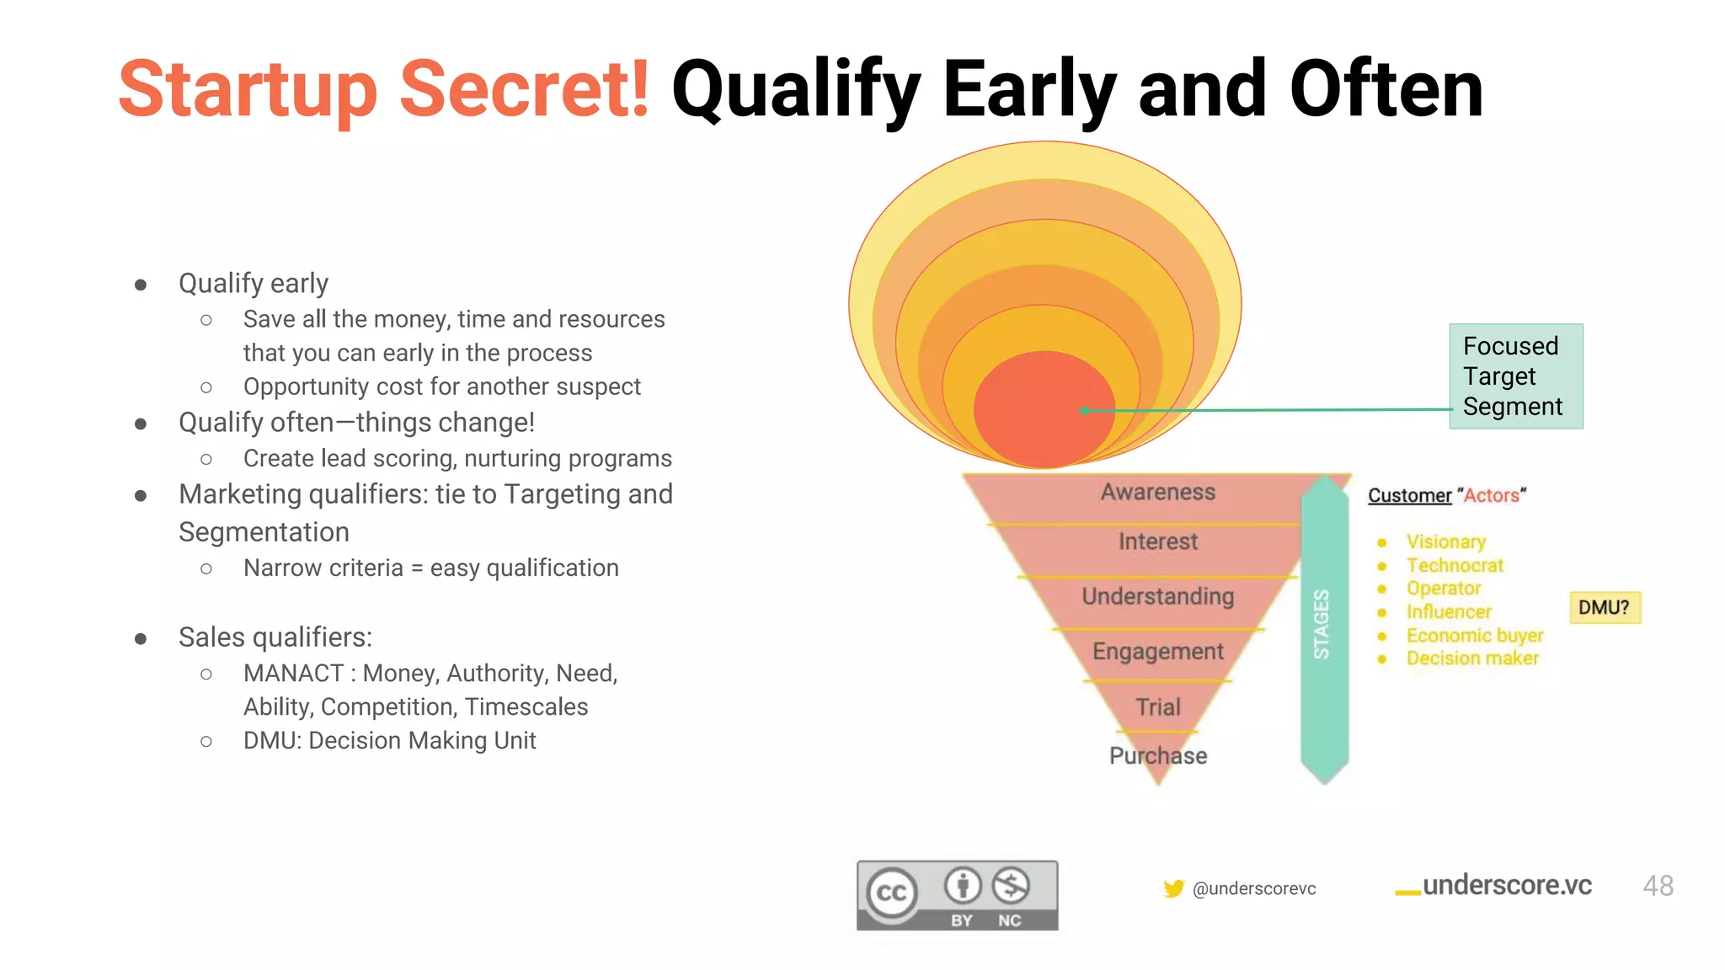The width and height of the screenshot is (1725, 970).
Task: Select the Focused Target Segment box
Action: (1515, 376)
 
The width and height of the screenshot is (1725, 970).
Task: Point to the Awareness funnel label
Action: (1157, 493)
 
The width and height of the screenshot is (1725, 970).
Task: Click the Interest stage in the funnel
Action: (1157, 541)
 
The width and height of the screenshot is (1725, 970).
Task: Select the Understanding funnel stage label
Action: (1157, 596)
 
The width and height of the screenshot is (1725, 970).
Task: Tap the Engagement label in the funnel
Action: (1157, 651)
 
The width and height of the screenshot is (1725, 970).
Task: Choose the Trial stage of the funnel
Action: (1157, 706)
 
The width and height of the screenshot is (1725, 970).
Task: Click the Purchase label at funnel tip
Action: (1157, 755)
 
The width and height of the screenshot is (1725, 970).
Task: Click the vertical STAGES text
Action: (1322, 624)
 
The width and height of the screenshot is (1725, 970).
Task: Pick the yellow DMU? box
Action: (1604, 607)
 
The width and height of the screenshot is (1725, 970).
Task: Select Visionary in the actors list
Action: (1445, 541)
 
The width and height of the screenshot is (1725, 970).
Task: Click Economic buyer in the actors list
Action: (1474, 635)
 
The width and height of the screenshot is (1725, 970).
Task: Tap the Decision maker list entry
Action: (1471, 658)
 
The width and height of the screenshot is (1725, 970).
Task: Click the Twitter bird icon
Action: (1173, 888)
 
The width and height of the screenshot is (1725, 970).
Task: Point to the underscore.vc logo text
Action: (1506, 885)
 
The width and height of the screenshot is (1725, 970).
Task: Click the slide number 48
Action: (1658, 886)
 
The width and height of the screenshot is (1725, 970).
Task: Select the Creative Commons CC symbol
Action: (892, 893)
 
